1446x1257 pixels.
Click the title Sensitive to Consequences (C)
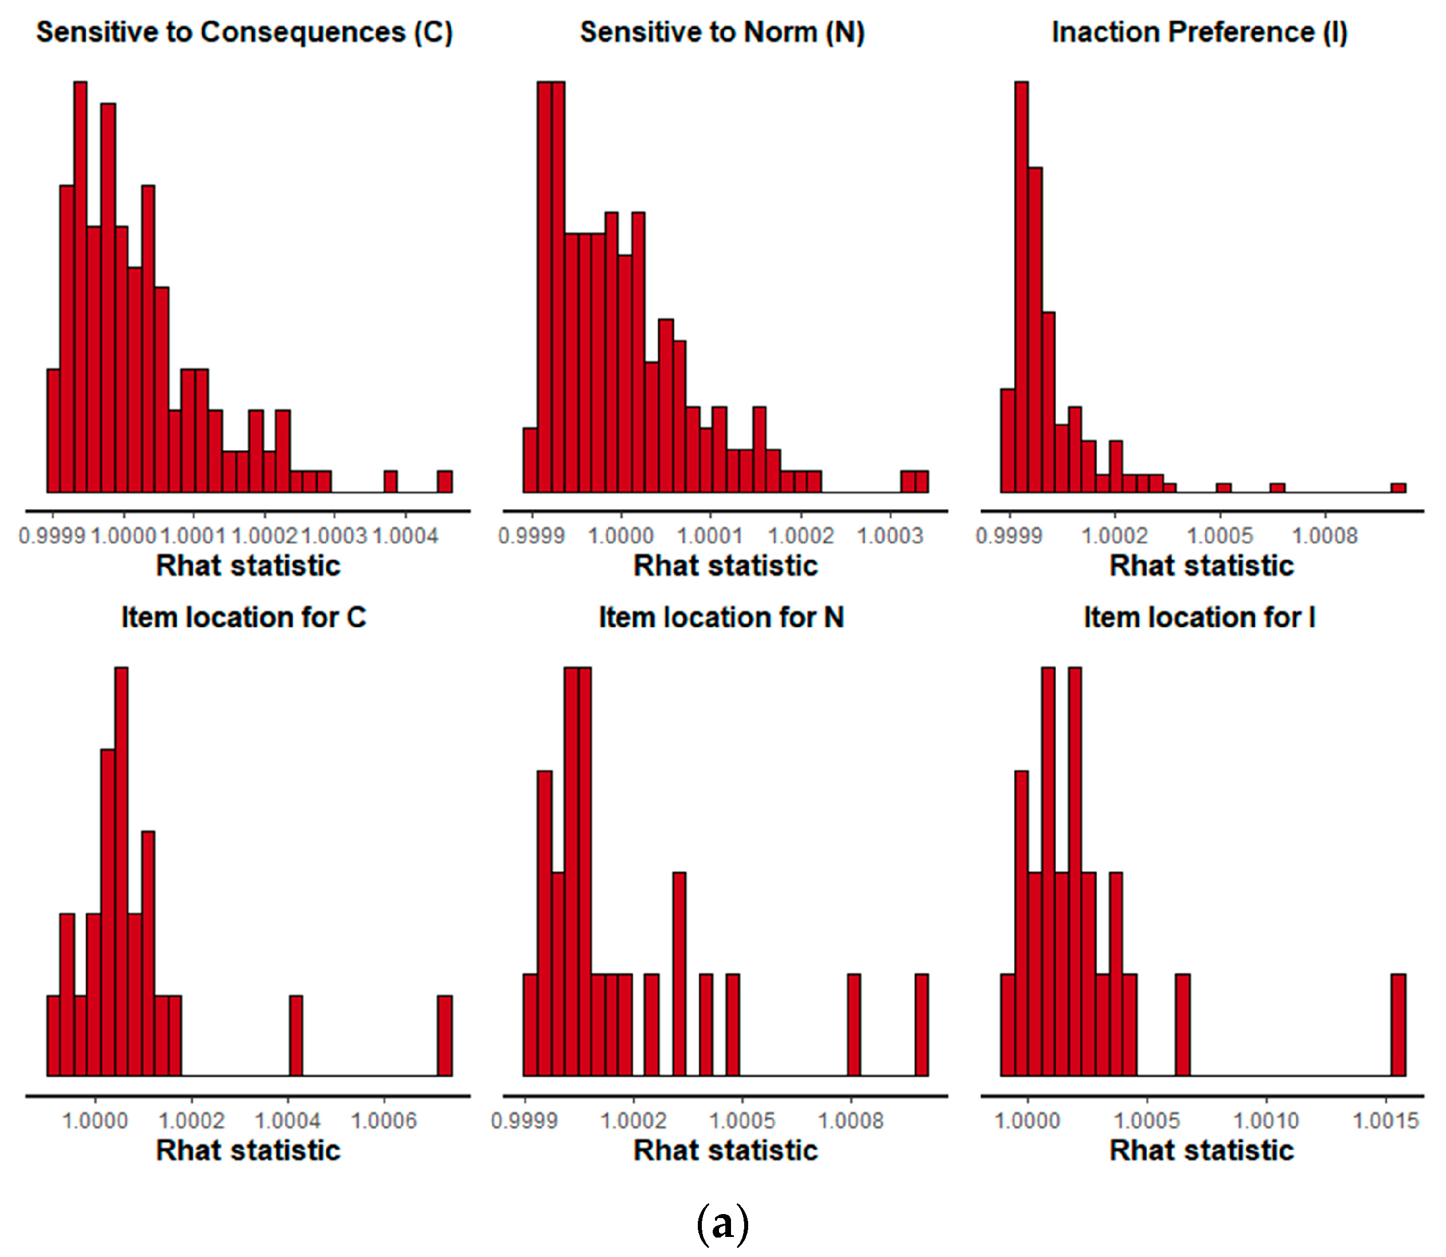click(x=245, y=32)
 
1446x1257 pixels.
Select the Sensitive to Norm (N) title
click(x=722, y=32)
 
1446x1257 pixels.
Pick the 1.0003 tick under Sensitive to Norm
click(x=890, y=536)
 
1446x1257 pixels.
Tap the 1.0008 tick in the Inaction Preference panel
click(x=1325, y=536)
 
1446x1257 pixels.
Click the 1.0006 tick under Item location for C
click(x=384, y=1120)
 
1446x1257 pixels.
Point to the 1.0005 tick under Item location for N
click(x=742, y=1120)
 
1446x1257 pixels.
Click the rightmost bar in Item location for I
click(x=1399, y=1025)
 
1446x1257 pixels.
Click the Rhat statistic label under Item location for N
click(x=726, y=1151)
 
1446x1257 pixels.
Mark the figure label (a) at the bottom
click(x=723, y=1223)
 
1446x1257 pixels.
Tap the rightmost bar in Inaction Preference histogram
click(x=1399, y=488)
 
